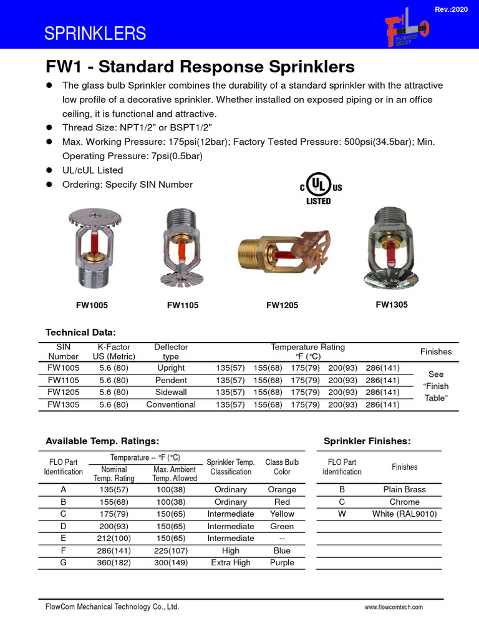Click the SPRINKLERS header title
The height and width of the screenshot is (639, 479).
95,34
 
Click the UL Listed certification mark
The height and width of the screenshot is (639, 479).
319,188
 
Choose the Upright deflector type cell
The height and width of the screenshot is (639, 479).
171,368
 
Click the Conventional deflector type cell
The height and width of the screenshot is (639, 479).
171,404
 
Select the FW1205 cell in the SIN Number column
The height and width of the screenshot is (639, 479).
63,393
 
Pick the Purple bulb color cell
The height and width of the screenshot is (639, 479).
282,562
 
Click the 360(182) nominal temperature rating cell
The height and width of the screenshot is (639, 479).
114,562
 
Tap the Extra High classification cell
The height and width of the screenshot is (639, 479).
231,562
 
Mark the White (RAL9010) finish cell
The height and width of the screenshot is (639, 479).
405,514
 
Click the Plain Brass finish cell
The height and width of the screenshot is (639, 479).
405,490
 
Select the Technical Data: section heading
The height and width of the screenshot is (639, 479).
81,332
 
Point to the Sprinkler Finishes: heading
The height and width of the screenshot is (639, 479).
367,441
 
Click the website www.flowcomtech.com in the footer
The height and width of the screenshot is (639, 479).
394,607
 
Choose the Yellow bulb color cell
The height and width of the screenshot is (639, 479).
282,514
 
